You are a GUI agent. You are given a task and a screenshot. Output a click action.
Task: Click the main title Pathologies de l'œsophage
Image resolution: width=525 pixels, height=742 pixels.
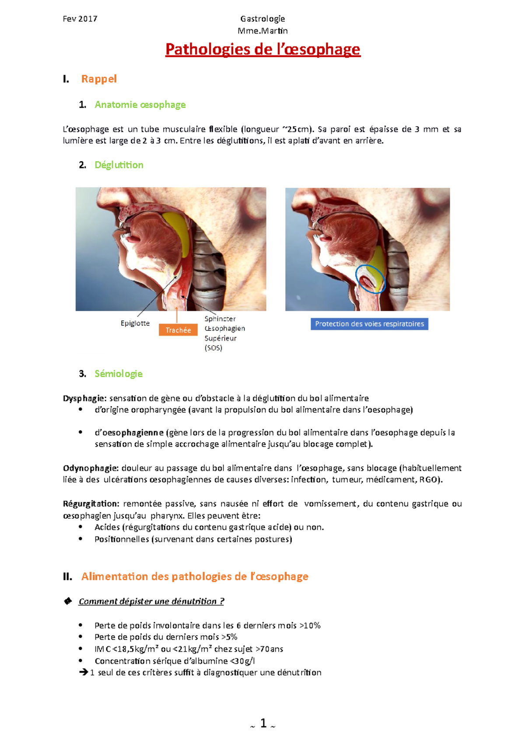262,49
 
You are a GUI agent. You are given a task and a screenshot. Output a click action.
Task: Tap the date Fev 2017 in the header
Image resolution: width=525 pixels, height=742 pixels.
80,19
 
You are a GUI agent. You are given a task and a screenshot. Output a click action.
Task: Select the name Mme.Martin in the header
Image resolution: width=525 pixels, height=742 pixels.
262,31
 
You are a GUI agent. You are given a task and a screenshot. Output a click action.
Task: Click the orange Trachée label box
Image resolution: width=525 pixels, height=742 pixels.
178,330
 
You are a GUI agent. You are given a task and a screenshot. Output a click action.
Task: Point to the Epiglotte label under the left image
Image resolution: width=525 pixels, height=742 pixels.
135,323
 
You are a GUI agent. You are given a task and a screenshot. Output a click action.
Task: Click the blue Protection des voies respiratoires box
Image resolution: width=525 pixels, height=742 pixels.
369,324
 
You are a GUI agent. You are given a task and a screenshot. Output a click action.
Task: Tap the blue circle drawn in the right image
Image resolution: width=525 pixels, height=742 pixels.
370,279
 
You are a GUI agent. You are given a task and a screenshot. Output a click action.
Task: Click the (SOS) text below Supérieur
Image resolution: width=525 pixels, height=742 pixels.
213,348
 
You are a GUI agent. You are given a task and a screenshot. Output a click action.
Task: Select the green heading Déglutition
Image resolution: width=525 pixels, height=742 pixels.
119,165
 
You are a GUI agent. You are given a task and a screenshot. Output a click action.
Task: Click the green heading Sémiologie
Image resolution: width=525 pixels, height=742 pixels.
119,374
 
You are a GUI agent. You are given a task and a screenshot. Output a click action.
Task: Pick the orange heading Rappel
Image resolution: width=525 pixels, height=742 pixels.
99,79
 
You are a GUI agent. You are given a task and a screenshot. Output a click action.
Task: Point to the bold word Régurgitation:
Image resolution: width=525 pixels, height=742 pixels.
91,503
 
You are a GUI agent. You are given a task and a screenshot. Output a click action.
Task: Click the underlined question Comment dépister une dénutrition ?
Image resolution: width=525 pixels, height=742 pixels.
151,601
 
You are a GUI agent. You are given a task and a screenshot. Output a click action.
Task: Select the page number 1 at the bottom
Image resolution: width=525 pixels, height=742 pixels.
263,723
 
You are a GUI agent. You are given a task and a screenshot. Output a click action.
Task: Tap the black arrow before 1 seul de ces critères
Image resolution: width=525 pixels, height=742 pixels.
84,672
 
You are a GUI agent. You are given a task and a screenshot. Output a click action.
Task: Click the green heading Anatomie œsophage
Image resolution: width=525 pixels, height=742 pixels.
140,104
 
